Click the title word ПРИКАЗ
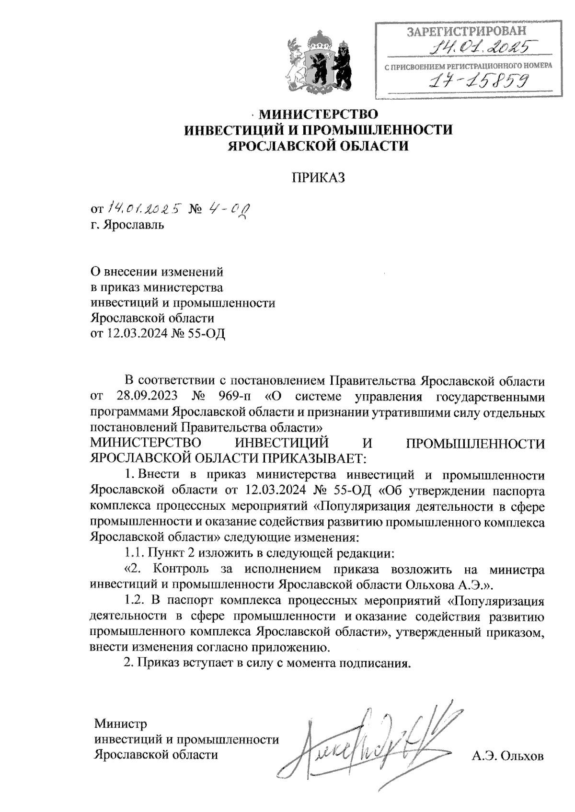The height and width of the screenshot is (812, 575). (319, 178)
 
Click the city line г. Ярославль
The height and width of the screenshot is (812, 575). (128, 225)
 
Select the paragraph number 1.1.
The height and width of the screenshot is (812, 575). (134, 554)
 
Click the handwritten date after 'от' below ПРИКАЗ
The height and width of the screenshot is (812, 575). (143, 208)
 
